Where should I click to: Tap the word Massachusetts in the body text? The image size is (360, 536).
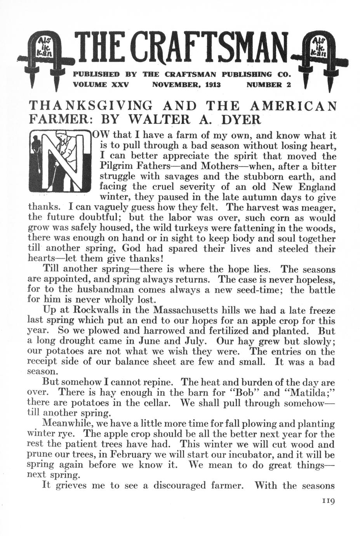(x=189, y=310)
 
